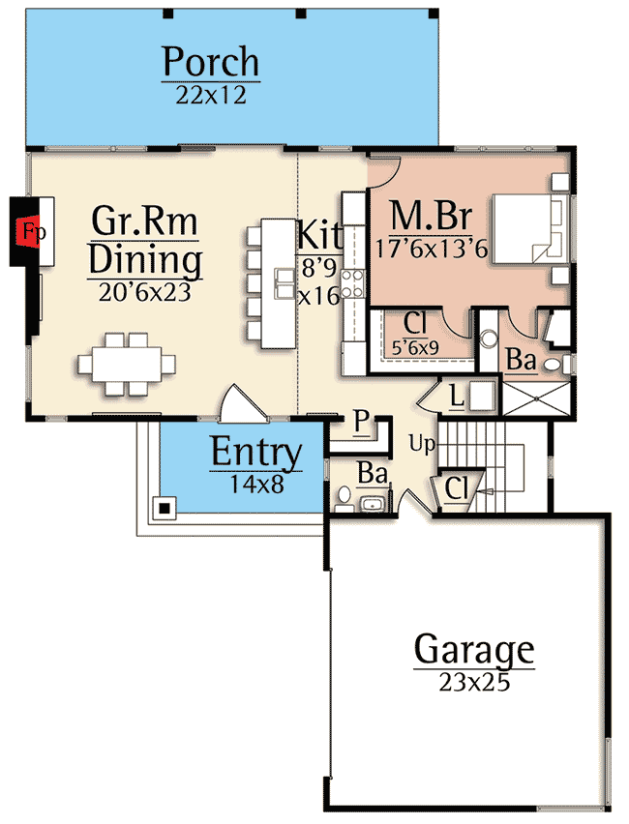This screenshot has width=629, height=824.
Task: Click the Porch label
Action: point(210,62)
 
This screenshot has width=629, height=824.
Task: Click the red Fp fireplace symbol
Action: point(32,232)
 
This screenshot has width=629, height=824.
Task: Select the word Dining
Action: point(145,260)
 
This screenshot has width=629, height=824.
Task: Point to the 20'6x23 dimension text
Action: point(145,292)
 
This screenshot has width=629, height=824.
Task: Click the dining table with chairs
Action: point(127,364)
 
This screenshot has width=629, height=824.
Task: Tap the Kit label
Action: point(319,235)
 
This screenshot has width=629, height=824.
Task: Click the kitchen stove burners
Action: point(353,282)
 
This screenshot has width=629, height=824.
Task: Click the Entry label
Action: point(256,453)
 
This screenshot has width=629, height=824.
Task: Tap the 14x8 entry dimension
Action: point(256,484)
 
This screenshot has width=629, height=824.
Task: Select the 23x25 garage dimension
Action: point(473,682)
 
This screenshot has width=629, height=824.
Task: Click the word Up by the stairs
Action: point(421,444)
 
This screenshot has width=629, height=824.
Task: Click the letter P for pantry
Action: point(360,420)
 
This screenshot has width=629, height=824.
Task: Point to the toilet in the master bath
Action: point(551,366)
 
